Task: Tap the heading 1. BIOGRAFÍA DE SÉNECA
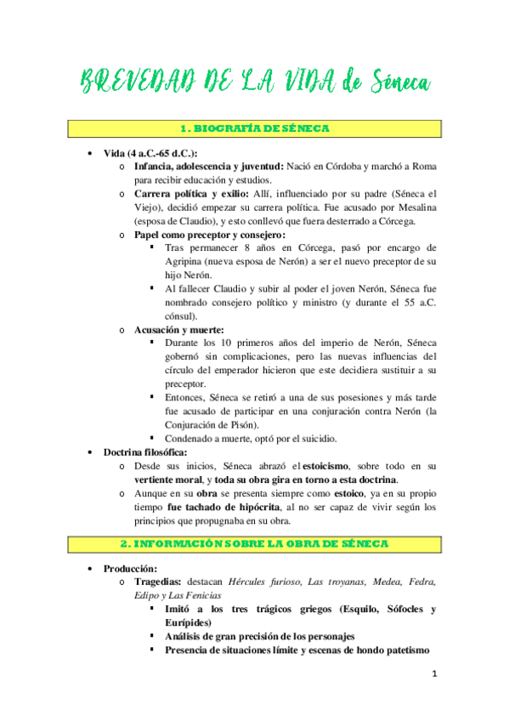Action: pyautogui.click(x=256, y=128)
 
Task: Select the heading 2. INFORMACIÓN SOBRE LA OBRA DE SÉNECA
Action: pyautogui.click(x=256, y=542)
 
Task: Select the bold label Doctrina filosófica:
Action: pyautogui.click(x=145, y=452)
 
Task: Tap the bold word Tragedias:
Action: pyautogui.click(x=160, y=582)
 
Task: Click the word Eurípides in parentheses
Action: pyautogui.click(x=192, y=623)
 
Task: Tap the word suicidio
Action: pyautogui.click(x=315, y=439)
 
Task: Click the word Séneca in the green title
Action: pyautogui.click(x=400, y=82)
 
